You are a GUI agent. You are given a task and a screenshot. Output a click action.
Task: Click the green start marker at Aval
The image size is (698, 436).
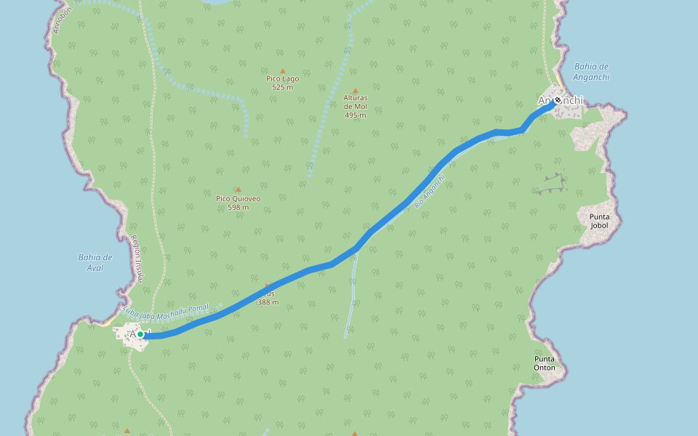click(x=140, y=334)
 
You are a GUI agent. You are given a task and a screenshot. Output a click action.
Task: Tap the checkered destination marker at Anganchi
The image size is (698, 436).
click(x=558, y=100)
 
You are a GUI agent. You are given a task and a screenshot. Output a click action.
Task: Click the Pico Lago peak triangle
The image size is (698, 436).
click(x=283, y=71)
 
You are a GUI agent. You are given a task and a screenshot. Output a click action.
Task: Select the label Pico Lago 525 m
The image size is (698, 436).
click(x=282, y=83)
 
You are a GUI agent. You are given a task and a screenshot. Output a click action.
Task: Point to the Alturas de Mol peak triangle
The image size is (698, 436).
click(x=356, y=90)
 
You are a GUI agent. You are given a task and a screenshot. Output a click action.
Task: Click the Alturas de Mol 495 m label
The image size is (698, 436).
click(x=356, y=106)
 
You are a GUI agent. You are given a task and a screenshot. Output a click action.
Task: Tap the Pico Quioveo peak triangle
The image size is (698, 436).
click(x=238, y=190)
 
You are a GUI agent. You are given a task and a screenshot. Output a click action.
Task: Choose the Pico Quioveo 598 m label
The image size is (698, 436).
click(x=238, y=203)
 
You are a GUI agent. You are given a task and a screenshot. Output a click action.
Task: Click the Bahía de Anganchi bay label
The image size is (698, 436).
click(x=591, y=71)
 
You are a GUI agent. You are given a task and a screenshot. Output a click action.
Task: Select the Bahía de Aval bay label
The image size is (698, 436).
click(x=95, y=262)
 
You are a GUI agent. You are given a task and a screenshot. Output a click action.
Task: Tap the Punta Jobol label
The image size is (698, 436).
click(x=599, y=221)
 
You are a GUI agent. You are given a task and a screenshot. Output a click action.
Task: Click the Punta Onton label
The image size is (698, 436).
click(x=545, y=363)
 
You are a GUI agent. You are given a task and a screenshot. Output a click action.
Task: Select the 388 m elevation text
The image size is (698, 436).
click(x=268, y=302)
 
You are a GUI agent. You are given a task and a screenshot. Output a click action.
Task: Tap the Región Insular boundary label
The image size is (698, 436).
click(x=137, y=258)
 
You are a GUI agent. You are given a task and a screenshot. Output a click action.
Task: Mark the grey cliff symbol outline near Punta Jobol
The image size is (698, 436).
click(x=551, y=184)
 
